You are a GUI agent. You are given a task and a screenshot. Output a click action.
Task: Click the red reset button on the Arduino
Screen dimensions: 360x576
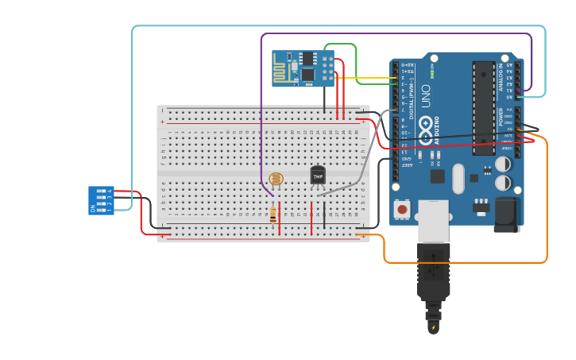click(x=402, y=210)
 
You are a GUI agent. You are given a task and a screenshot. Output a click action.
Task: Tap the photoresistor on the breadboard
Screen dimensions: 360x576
click(x=276, y=180)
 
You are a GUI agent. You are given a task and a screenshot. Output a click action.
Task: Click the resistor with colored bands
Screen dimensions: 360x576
click(x=273, y=214)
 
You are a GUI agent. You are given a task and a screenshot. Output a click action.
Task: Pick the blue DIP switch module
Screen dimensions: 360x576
click(x=101, y=200)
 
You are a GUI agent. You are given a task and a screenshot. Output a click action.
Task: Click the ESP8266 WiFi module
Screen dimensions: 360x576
click(x=303, y=68)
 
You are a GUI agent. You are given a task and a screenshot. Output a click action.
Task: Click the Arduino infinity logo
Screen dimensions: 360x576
click(x=426, y=125)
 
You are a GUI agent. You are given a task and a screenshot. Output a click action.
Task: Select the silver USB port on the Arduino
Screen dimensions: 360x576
click(x=434, y=221)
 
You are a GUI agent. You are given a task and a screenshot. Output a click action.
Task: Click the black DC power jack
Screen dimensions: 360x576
click(x=505, y=214)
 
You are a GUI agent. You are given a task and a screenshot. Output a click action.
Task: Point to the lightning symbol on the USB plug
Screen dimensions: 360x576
click(x=434, y=327)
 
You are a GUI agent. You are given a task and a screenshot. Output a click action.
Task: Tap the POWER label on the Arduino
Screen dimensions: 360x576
click(x=501, y=118)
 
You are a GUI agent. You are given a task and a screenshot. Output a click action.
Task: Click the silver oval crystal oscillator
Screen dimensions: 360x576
click(x=458, y=179)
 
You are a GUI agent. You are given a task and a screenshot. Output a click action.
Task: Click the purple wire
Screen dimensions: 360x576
click(x=397, y=34)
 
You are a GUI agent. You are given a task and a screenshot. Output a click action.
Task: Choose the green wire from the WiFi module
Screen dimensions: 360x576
click(x=356, y=64)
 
